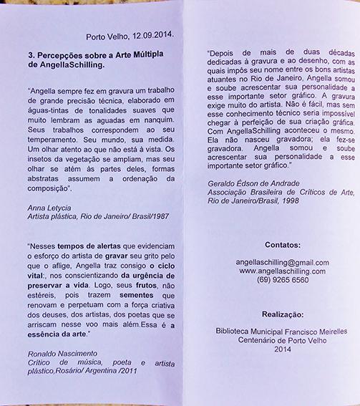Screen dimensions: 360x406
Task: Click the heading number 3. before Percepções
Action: [31, 54]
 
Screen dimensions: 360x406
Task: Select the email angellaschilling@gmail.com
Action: [284, 263]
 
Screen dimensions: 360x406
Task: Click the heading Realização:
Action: [283, 314]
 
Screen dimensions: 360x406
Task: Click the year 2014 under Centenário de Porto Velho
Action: [283, 349]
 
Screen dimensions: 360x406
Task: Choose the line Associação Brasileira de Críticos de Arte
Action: [277, 192]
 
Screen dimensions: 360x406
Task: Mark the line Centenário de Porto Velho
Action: [284, 341]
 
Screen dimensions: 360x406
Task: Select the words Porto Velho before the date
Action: [104, 34]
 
